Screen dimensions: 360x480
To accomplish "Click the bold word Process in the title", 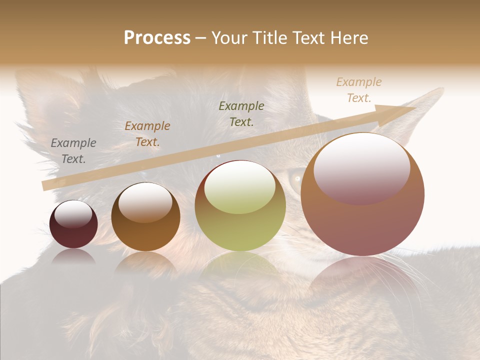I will [157, 38].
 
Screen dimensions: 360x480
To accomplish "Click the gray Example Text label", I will [73, 151].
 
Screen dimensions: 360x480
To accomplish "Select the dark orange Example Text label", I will [147, 134].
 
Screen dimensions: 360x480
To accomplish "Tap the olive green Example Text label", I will [241, 113].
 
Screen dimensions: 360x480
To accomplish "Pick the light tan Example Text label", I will [358, 90].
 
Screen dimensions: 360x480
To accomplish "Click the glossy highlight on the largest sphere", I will [362, 169].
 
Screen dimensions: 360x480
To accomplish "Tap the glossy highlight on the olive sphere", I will [240, 187].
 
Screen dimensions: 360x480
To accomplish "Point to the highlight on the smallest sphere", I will [73, 214].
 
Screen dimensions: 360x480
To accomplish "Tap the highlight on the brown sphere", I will [145, 202].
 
